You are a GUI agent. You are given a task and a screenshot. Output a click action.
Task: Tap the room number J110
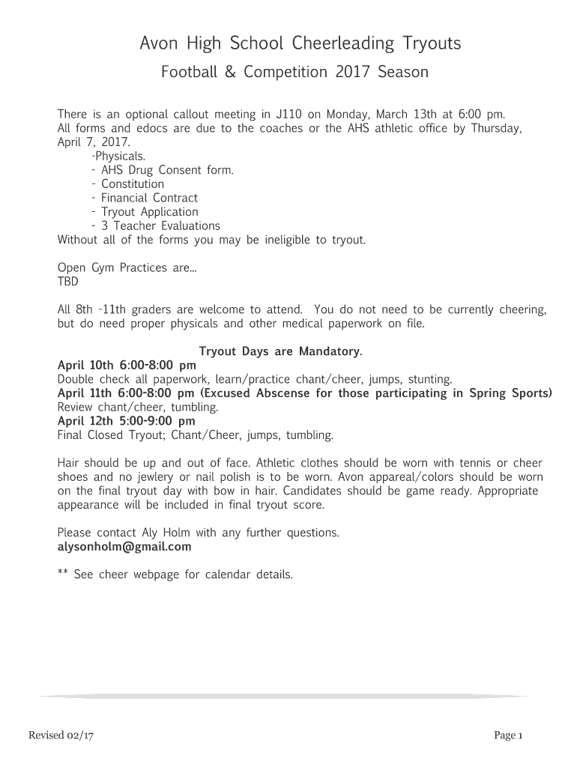point(289,115)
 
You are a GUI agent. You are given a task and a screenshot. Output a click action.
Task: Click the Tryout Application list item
point(149,212)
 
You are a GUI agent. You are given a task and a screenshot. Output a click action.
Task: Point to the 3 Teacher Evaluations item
point(160,225)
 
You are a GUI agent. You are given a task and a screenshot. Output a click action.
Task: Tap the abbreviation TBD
point(67,282)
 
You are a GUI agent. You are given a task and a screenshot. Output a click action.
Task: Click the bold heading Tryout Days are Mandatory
point(281,351)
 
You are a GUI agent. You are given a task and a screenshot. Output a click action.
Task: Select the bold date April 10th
point(85,366)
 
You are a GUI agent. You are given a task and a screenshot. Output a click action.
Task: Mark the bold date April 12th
point(85,421)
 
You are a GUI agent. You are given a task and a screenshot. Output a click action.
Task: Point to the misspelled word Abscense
point(289,393)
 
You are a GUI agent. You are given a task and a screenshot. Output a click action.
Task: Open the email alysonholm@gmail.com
point(124,547)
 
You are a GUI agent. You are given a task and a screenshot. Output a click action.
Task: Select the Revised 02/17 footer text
point(61,736)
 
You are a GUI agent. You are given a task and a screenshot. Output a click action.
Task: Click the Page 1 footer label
point(507,736)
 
